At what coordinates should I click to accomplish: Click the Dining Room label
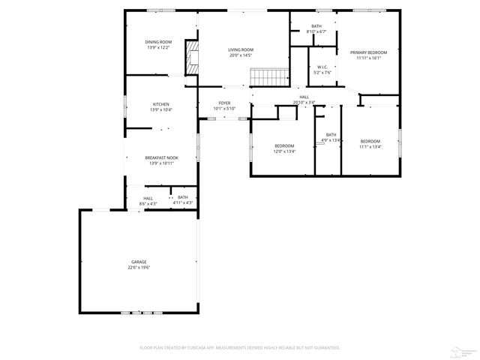[158, 41]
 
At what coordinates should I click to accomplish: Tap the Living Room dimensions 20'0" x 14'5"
[241, 55]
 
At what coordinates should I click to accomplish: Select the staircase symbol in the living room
[268, 76]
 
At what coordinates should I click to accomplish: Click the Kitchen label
[161, 103]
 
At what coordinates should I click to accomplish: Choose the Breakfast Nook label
[161, 157]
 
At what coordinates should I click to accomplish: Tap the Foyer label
[224, 103]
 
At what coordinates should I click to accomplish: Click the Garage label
[139, 262]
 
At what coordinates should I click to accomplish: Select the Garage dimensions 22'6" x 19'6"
[139, 267]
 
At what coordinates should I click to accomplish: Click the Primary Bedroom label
[369, 52]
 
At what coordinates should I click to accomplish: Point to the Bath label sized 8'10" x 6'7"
[316, 26]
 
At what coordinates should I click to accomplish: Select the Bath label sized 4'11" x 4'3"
[183, 197]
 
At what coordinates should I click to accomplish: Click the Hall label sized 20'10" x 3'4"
[304, 97]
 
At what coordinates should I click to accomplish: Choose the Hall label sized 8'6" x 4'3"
[148, 198]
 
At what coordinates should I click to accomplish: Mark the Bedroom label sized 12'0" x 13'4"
[284, 145]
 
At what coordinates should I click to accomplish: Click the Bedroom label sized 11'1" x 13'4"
[370, 142]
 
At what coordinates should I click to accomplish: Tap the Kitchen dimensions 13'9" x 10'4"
[161, 109]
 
